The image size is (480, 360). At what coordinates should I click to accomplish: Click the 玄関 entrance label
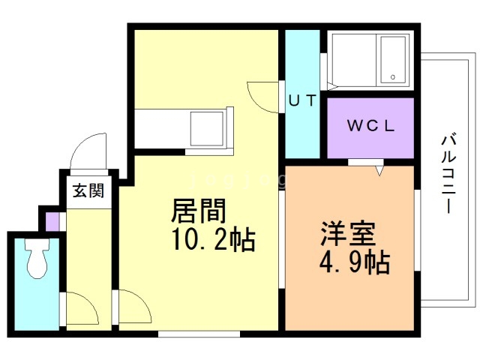tap(88, 191)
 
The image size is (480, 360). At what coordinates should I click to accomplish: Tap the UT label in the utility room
tap(302, 100)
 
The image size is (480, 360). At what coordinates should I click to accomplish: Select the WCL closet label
tap(371, 125)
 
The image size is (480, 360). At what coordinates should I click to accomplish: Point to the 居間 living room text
tap(198, 211)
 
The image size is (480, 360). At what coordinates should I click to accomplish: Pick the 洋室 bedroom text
tap(348, 233)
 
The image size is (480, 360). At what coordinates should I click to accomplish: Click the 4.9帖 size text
tap(355, 262)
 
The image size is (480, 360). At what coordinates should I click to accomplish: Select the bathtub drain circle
tap(393, 77)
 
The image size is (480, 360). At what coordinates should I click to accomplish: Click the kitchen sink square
tap(207, 128)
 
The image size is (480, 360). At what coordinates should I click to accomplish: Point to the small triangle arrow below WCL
tap(379, 170)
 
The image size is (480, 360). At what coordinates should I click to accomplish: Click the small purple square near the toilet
tap(52, 222)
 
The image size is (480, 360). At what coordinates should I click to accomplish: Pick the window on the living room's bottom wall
tap(199, 334)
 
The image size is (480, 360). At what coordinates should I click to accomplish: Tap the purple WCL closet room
tap(370, 128)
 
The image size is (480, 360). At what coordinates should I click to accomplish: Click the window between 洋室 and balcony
tap(418, 230)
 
